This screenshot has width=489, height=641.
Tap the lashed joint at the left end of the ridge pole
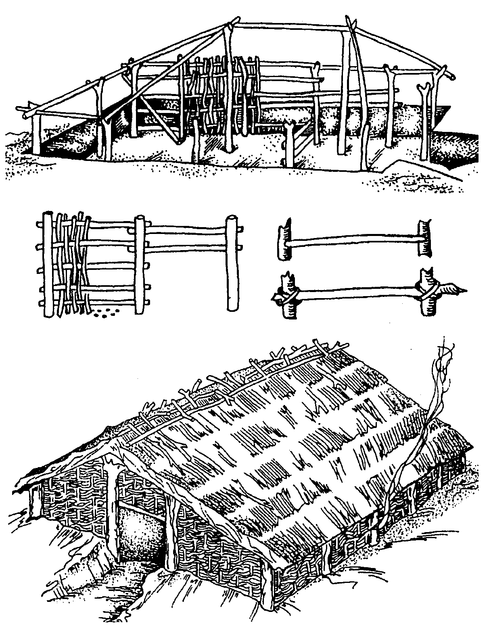[x=229, y=27]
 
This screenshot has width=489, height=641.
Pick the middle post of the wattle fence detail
[x=140, y=264]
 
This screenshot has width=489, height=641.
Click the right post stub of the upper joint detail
[x=424, y=238]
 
